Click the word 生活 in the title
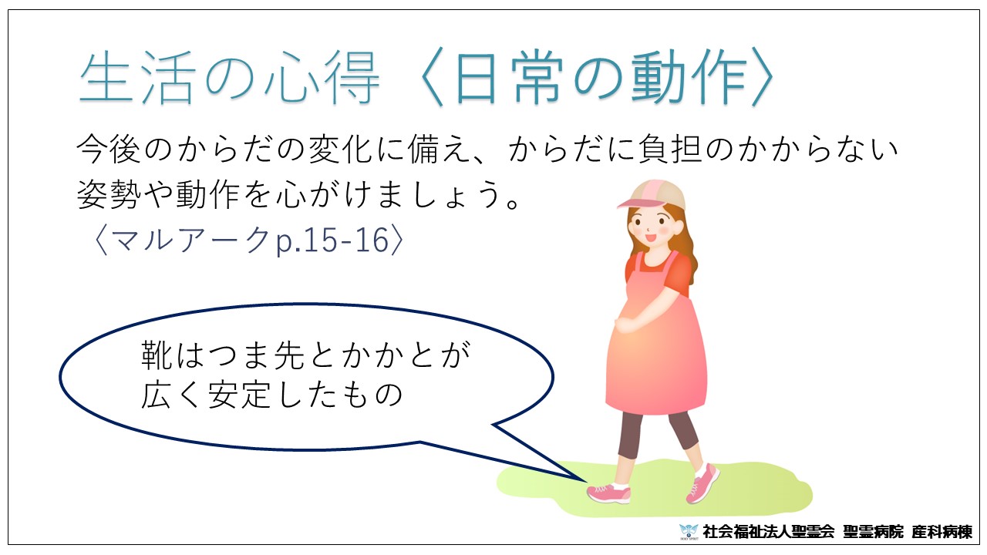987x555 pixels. [137, 78]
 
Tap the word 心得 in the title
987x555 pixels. [322, 78]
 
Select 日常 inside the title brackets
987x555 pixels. [509, 78]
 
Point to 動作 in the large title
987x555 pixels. [690, 78]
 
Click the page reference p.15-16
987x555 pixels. [332, 240]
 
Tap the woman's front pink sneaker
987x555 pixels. [609, 493]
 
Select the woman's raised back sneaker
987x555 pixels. [702, 483]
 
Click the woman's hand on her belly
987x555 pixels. [625, 325]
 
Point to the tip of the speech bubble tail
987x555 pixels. [584, 480]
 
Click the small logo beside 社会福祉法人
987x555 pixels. [689, 532]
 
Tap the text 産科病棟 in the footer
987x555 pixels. [942, 532]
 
